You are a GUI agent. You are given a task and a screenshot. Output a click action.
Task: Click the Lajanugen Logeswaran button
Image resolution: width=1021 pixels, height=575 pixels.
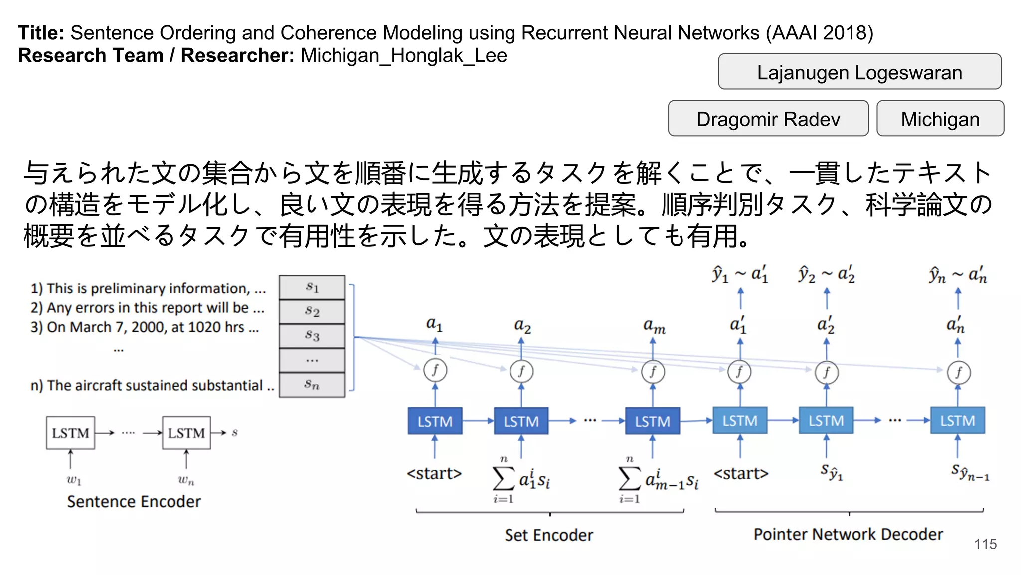(x=859, y=72)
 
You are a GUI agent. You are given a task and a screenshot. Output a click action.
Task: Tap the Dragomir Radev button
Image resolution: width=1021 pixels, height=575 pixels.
(x=768, y=119)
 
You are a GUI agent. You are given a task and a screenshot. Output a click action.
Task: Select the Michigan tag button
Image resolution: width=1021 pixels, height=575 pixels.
(x=940, y=119)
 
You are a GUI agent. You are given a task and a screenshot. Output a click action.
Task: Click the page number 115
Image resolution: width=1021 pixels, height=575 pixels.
(x=985, y=544)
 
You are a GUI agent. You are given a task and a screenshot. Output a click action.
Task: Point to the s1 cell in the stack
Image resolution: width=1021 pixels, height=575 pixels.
(x=312, y=287)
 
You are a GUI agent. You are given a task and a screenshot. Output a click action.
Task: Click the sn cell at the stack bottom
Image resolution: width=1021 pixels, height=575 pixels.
(x=312, y=385)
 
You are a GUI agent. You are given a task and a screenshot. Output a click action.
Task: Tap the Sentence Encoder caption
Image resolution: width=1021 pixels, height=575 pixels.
(x=134, y=501)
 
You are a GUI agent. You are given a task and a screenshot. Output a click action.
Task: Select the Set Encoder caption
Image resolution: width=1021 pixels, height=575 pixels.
(x=548, y=535)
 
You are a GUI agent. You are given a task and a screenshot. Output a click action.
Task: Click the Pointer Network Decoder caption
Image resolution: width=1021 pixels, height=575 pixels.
(x=848, y=534)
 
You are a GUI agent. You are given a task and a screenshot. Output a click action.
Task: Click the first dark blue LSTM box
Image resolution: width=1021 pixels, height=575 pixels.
(x=435, y=421)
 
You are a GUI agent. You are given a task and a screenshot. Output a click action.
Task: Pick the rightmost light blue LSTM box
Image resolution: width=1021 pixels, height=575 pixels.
(x=957, y=421)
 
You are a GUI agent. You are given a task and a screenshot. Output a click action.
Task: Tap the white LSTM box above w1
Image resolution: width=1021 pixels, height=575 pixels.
(x=70, y=433)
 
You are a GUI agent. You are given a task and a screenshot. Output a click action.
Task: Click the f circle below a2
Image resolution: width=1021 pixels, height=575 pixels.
(x=521, y=371)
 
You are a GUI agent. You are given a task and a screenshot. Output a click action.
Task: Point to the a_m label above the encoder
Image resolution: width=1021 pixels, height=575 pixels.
(x=654, y=326)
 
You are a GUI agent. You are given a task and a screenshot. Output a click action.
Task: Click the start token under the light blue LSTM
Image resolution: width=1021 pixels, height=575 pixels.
(x=741, y=473)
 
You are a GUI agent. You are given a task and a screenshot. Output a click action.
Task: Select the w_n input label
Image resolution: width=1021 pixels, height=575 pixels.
(x=186, y=480)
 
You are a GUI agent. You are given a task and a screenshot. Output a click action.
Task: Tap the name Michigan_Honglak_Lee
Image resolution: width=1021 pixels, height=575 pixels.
(x=404, y=55)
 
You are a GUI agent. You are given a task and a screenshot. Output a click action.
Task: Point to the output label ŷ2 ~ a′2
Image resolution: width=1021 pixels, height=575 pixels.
(x=826, y=274)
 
